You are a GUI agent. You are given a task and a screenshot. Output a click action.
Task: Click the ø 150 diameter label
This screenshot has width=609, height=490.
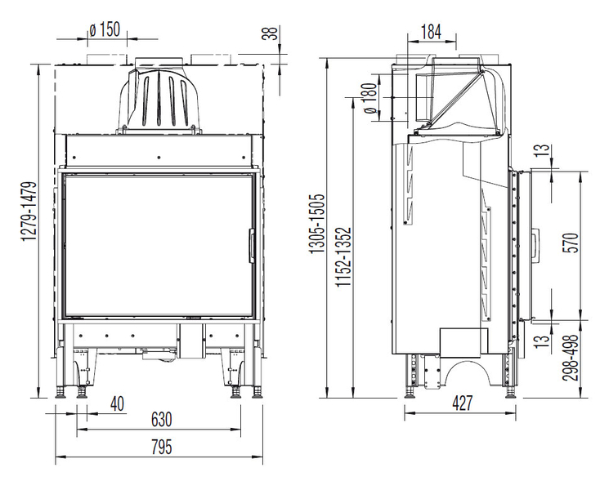(x=105, y=30)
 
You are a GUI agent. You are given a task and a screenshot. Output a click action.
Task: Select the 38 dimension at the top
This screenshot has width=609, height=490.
(x=271, y=33)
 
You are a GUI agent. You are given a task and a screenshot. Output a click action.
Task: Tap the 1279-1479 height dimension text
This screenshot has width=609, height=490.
(x=29, y=212)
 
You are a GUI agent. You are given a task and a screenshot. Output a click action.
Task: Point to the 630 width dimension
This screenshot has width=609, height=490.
(x=161, y=420)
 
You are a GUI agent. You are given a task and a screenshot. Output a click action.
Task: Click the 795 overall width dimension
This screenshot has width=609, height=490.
(x=161, y=447)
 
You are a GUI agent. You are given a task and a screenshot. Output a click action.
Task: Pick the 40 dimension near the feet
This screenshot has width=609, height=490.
(x=117, y=403)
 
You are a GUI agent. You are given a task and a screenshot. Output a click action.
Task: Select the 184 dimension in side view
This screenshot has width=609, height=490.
(x=431, y=32)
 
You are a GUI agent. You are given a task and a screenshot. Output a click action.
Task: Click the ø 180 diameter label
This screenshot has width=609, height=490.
(x=370, y=98)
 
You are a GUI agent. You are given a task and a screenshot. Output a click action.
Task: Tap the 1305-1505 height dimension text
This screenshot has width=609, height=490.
(x=317, y=224)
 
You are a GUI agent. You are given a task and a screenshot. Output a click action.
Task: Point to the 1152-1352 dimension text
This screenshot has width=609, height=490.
(x=343, y=256)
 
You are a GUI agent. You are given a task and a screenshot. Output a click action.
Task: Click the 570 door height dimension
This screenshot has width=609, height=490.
(x=571, y=243)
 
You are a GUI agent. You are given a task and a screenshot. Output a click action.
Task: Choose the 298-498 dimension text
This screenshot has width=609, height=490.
(x=571, y=358)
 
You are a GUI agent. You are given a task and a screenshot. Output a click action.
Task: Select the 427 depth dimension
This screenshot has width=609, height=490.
(x=463, y=403)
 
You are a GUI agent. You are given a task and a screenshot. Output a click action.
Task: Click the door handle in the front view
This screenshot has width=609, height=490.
(x=252, y=246)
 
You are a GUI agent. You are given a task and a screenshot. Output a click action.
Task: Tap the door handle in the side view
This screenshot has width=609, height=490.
(x=535, y=247)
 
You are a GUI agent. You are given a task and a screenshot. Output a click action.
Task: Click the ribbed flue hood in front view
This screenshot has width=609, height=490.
(x=159, y=100)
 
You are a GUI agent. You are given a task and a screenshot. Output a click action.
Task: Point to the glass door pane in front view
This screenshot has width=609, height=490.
(x=158, y=246)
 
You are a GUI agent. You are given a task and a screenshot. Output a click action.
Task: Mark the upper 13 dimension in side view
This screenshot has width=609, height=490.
(x=544, y=150)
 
